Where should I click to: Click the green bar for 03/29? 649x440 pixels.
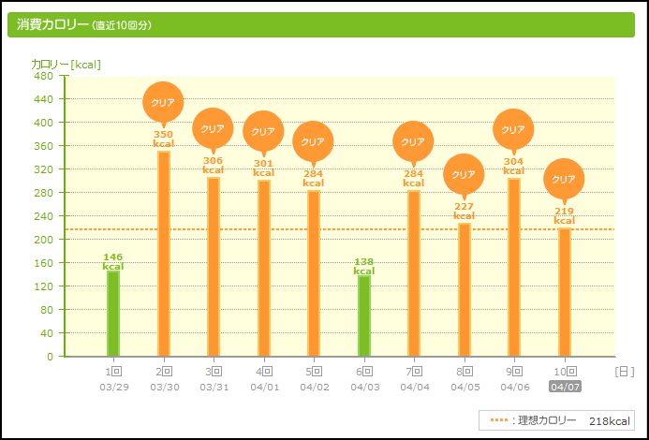[x=113, y=314]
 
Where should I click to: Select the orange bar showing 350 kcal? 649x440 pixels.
[x=164, y=253]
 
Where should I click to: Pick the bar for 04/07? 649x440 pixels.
[x=564, y=292]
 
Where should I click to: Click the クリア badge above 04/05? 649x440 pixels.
[x=464, y=174]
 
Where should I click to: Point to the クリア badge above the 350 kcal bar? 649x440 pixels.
[x=163, y=102]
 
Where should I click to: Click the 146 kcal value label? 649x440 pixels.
[x=113, y=261]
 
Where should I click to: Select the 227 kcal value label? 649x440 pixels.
[x=464, y=212]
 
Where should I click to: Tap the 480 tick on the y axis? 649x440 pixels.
[x=44, y=76]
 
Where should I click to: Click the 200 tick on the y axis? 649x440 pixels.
[x=44, y=240]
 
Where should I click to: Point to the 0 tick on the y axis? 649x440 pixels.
[x=50, y=357]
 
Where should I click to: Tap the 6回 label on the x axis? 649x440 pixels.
[x=363, y=372]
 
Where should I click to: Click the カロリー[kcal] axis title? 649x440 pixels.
[x=66, y=64]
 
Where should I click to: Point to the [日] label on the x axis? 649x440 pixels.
[x=624, y=372]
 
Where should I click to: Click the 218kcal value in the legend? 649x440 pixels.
[x=611, y=421]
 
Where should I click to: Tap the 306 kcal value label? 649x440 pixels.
[x=214, y=165]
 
